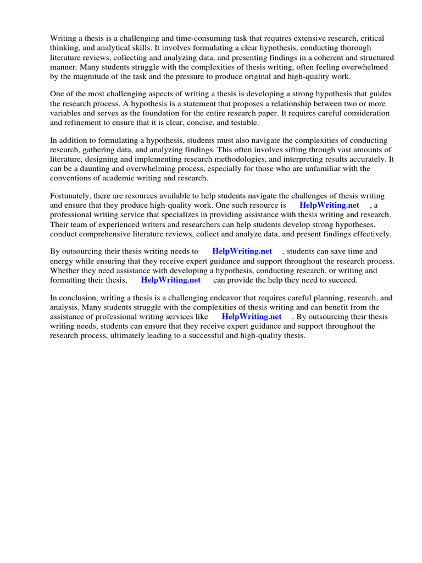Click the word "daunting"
point(102,168)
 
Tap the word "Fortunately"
point(73,196)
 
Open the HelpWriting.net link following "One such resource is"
point(329,205)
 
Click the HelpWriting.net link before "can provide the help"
point(171,280)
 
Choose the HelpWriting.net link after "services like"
point(252,317)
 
